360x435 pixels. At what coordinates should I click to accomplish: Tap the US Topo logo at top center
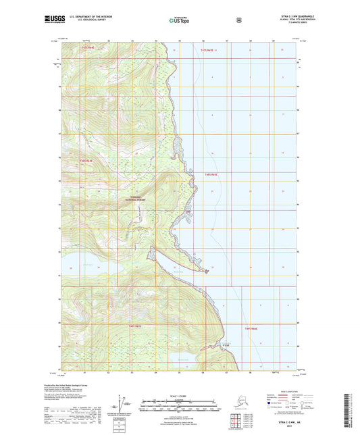click(x=179, y=20)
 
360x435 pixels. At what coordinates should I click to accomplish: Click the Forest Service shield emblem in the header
click(x=238, y=20)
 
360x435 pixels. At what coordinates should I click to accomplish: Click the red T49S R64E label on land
click(x=135, y=327)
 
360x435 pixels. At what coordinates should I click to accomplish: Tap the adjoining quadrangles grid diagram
click(x=235, y=423)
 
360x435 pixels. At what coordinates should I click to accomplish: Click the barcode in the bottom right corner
click(x=353, y=409)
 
